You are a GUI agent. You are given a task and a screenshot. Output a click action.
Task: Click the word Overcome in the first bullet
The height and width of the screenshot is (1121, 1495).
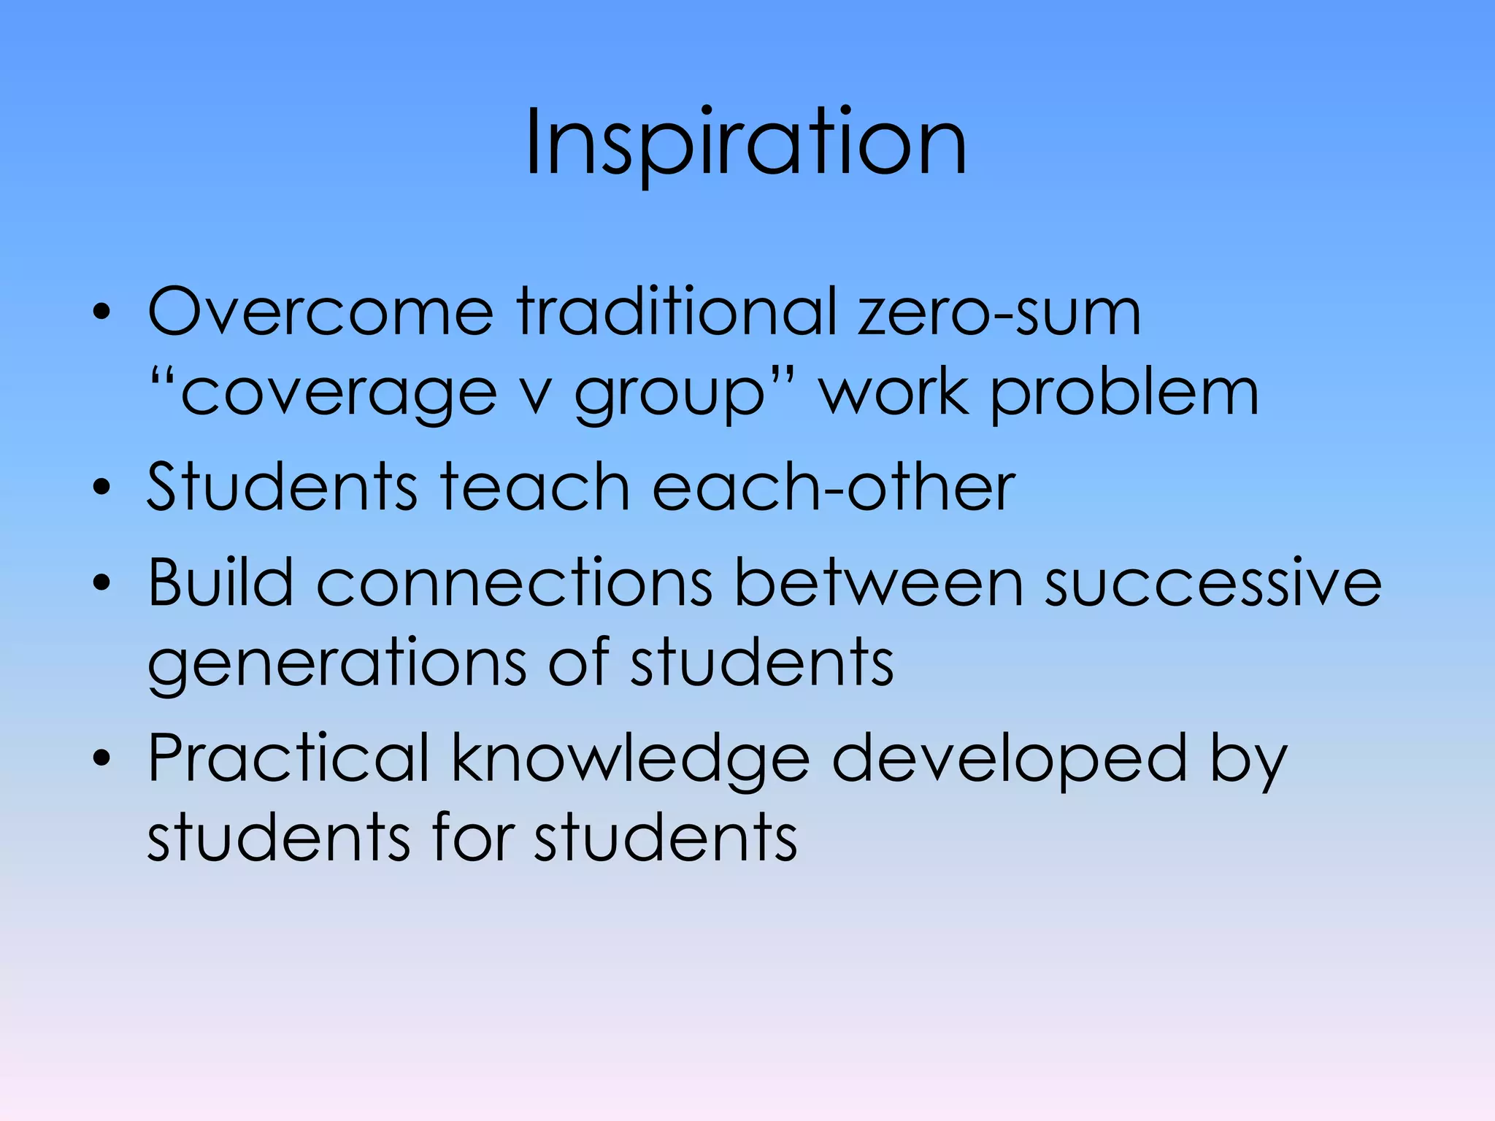tap(320, 312)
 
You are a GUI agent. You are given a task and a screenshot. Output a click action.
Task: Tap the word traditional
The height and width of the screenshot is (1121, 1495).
tap(676, 312)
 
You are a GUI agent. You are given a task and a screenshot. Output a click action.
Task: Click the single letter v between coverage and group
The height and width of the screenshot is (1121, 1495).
tap(537, 398)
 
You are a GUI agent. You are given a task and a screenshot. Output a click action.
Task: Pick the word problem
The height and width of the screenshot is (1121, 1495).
tap(1124, 394)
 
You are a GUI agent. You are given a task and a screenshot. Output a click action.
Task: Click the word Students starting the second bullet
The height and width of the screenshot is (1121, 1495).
tap(283, 487)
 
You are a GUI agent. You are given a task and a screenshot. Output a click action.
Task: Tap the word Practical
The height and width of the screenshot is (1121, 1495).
tap(288, 759)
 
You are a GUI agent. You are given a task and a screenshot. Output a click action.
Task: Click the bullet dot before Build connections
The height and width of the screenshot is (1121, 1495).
tap(102, 583)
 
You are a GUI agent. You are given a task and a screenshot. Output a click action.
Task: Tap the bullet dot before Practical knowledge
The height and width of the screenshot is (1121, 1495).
tap(102, 759)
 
